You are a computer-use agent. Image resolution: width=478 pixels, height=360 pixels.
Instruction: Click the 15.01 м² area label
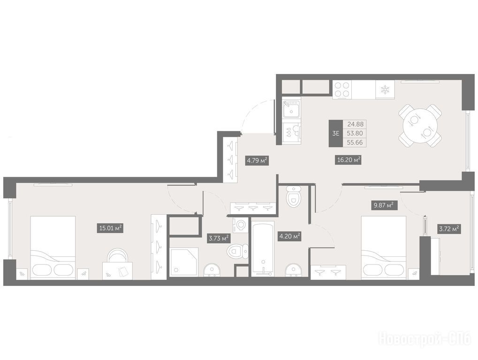pos(110,228)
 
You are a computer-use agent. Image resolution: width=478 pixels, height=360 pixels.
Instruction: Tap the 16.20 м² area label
pos(349,159)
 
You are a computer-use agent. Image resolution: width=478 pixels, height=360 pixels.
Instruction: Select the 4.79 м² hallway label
pos(257,160)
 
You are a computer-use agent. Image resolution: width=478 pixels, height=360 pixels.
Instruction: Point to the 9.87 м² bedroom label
pos(384,206)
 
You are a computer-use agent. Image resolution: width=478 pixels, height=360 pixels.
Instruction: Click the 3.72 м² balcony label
pos(449,229)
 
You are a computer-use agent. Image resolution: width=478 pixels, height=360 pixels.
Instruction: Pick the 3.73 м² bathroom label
pos(218,238)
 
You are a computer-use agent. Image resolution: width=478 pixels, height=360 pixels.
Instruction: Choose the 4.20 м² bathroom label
pos(289,236)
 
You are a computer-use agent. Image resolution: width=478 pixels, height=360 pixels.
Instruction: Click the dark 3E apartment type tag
pos(336,134)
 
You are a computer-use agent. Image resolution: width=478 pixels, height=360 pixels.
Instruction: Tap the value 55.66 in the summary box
pos(355,142)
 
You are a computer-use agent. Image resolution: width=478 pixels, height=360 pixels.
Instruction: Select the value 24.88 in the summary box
pos(355,124)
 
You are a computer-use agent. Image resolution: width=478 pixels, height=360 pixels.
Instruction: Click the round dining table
pos(420,126)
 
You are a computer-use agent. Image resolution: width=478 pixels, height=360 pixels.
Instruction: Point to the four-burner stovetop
pos(342,89)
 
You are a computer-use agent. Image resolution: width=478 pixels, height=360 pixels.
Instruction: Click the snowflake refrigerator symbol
pos(385,90)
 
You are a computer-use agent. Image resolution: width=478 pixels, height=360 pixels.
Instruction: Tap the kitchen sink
pos(291,109)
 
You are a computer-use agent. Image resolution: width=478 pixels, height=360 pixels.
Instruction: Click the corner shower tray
pos(184,262)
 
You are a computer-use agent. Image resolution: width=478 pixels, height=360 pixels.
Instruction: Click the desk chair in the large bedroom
pos(117,256)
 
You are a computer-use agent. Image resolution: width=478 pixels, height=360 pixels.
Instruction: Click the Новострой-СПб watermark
pos(425,339)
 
